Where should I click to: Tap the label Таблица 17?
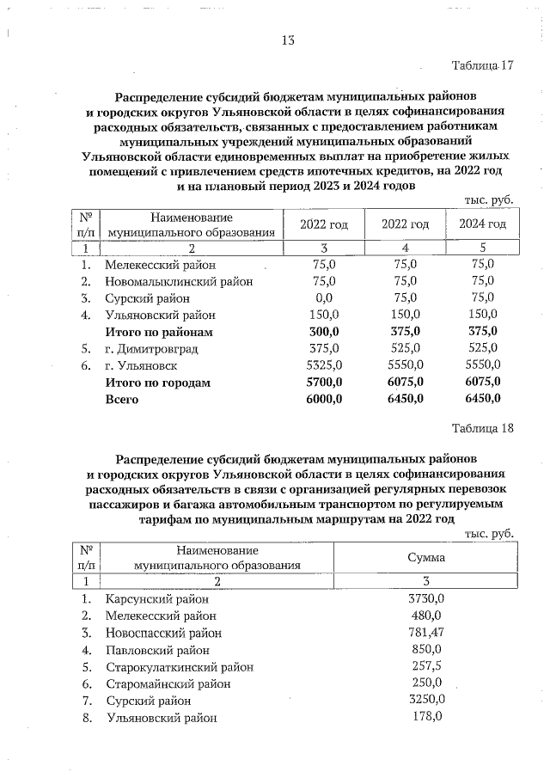(x=482, y=66)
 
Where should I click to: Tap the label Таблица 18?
(x=482, y=429)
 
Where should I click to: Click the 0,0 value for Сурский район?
(x=324, y=298)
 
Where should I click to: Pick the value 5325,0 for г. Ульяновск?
(x=324, y=365)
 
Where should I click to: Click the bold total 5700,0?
(x=324, y=383)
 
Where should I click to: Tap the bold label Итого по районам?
(x=158, y=332)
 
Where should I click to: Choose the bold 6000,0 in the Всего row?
(x=324, y=400)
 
